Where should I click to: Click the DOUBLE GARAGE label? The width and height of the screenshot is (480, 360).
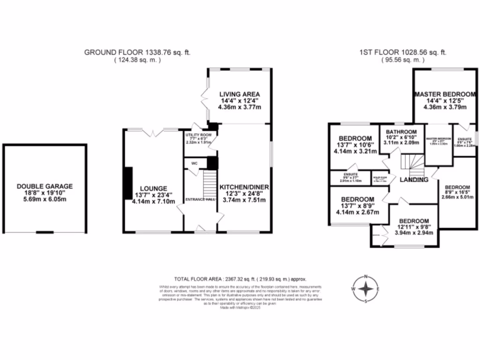[45, 186]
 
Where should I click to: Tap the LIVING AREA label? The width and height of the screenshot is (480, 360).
[239, 93]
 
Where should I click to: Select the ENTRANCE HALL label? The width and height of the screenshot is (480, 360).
[200, 199]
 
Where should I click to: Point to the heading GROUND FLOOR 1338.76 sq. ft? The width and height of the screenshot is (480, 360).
[137, 52]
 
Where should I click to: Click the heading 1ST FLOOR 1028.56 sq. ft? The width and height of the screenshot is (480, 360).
[402, 52]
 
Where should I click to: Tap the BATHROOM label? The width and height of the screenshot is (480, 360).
[398, 132]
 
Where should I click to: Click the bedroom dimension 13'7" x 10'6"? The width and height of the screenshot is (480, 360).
[355, 145]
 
